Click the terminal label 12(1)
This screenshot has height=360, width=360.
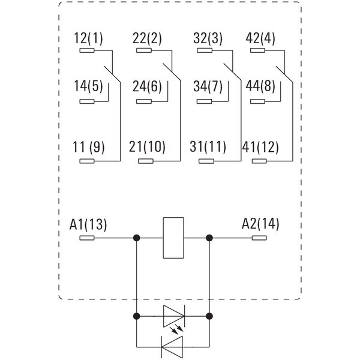point(88,38)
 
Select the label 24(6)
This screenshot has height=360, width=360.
point(147,86)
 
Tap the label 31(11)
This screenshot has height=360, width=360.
point(208,147)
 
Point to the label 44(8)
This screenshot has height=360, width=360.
point(260,86)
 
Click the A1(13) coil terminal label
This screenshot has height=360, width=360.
point(88,224)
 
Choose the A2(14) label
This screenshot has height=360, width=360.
point(260,224)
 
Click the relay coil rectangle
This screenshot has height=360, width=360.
point(173,238)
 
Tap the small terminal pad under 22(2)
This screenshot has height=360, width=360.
point(144,50)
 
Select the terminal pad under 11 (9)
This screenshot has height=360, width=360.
point(87,161)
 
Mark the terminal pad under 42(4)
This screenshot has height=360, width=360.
point(257,50)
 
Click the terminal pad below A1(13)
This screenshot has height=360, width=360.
point(87,238)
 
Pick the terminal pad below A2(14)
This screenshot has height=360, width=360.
point(259,238)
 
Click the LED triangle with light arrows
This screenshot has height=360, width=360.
point(174,316)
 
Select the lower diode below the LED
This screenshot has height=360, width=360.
point(172,347)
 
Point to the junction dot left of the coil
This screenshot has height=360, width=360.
point(137,238)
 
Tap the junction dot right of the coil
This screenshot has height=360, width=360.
point(209,238)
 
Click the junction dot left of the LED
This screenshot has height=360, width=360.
point(137,316)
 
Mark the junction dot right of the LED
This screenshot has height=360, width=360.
point(209,316)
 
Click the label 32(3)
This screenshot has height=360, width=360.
point(208,38)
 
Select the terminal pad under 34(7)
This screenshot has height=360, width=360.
point(205,101)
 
